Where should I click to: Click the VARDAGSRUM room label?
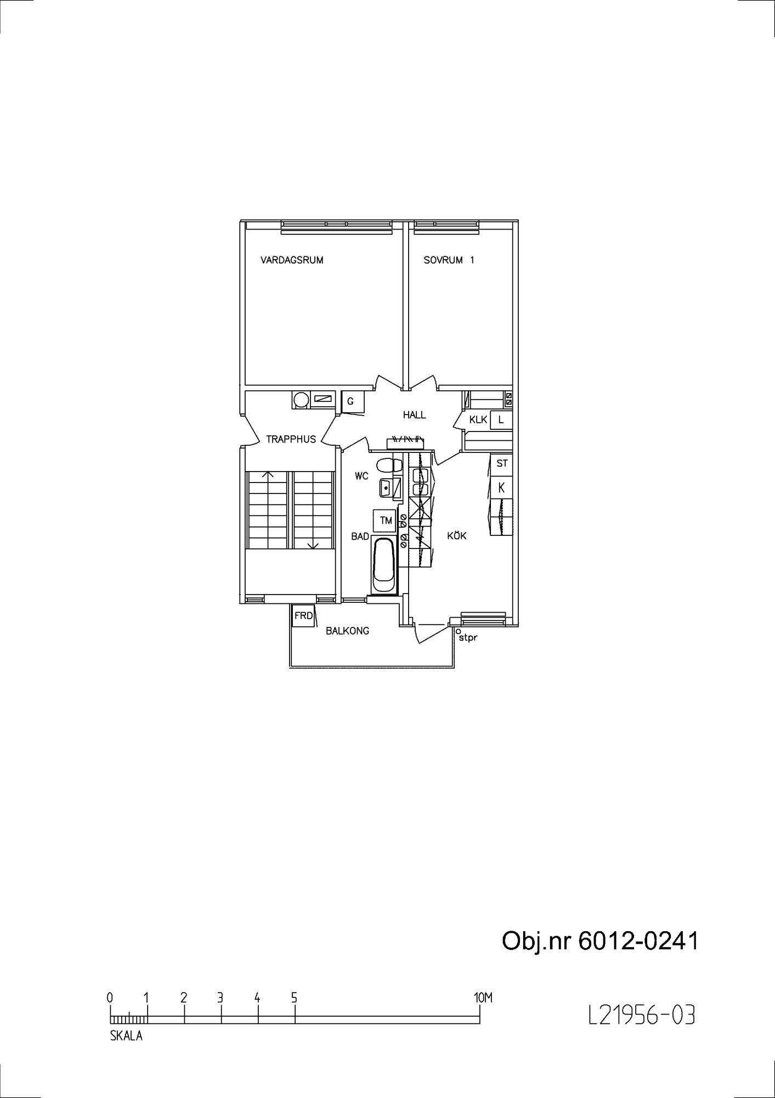click(292, 260)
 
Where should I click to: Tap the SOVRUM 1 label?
click(449, 260)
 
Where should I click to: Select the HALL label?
click(414, 415)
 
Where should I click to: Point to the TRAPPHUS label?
click(291, 439)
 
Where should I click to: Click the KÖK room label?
click(457, 535)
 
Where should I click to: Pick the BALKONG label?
click(347, 631)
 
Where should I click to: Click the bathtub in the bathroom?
click(383, 565)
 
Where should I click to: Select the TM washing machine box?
click(385, 520)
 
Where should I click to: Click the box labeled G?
click(350, 402)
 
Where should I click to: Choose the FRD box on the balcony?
click(303, 616)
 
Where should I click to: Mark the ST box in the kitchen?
click(501, 464)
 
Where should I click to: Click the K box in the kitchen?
click(501, 487)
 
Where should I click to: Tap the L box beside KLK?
click(501, 420)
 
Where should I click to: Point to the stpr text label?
click(468, 638)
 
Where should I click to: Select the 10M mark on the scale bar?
click(483, 998)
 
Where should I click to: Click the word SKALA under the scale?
click(126, 1037)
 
